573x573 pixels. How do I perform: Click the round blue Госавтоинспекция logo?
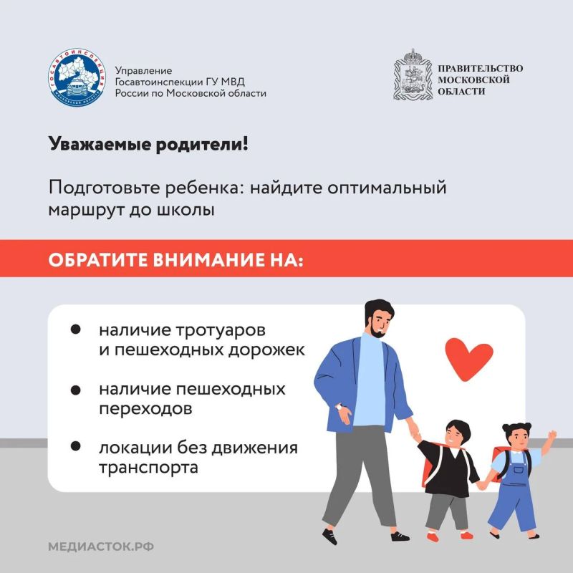(77, 77)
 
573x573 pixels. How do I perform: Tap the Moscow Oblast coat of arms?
(413, 74)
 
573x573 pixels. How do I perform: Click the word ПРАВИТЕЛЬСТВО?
(480, 68)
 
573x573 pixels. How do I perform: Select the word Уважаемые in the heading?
(100, 144)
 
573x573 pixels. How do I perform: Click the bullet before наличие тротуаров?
(76, 329)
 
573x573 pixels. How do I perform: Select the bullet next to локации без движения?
(76, 446)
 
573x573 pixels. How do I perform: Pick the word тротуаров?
(221, 330)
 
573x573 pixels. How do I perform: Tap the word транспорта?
(148, 468)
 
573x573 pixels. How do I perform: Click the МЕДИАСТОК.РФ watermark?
(101, 546)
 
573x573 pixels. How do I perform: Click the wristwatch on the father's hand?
(340, 407)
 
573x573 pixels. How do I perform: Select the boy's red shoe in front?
(433, 537)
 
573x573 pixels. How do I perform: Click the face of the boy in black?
(456, 436)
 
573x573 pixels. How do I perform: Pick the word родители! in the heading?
(202, 144)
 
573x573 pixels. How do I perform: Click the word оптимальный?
(387, 188)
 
